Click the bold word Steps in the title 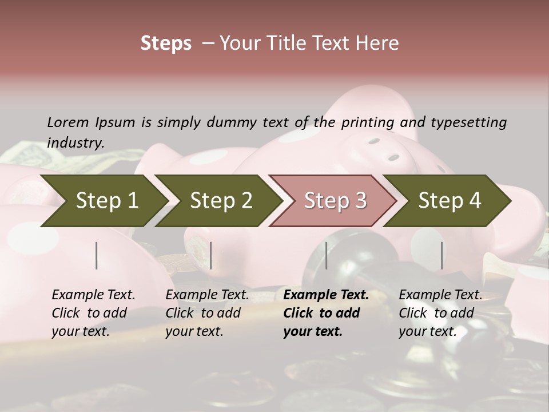(166, 43)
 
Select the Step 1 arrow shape (103, 201)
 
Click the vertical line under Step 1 (97, 255)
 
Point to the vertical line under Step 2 (211, 255)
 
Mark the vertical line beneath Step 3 (327, 255)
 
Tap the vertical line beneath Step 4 (442, 255)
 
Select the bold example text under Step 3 (326, 313)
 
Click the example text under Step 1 (93, 313)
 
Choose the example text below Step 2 (207, 313)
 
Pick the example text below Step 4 (440, 313)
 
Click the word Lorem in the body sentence (68, 122)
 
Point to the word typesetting (469, 122)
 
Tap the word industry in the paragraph (75, 143)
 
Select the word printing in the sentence (368, 122)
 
